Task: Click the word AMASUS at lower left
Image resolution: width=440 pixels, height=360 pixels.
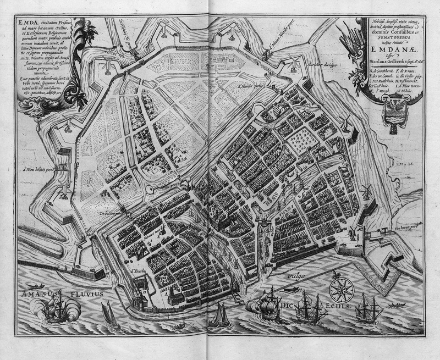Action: [34, 296]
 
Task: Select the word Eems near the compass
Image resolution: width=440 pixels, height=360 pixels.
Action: [337, 306]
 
